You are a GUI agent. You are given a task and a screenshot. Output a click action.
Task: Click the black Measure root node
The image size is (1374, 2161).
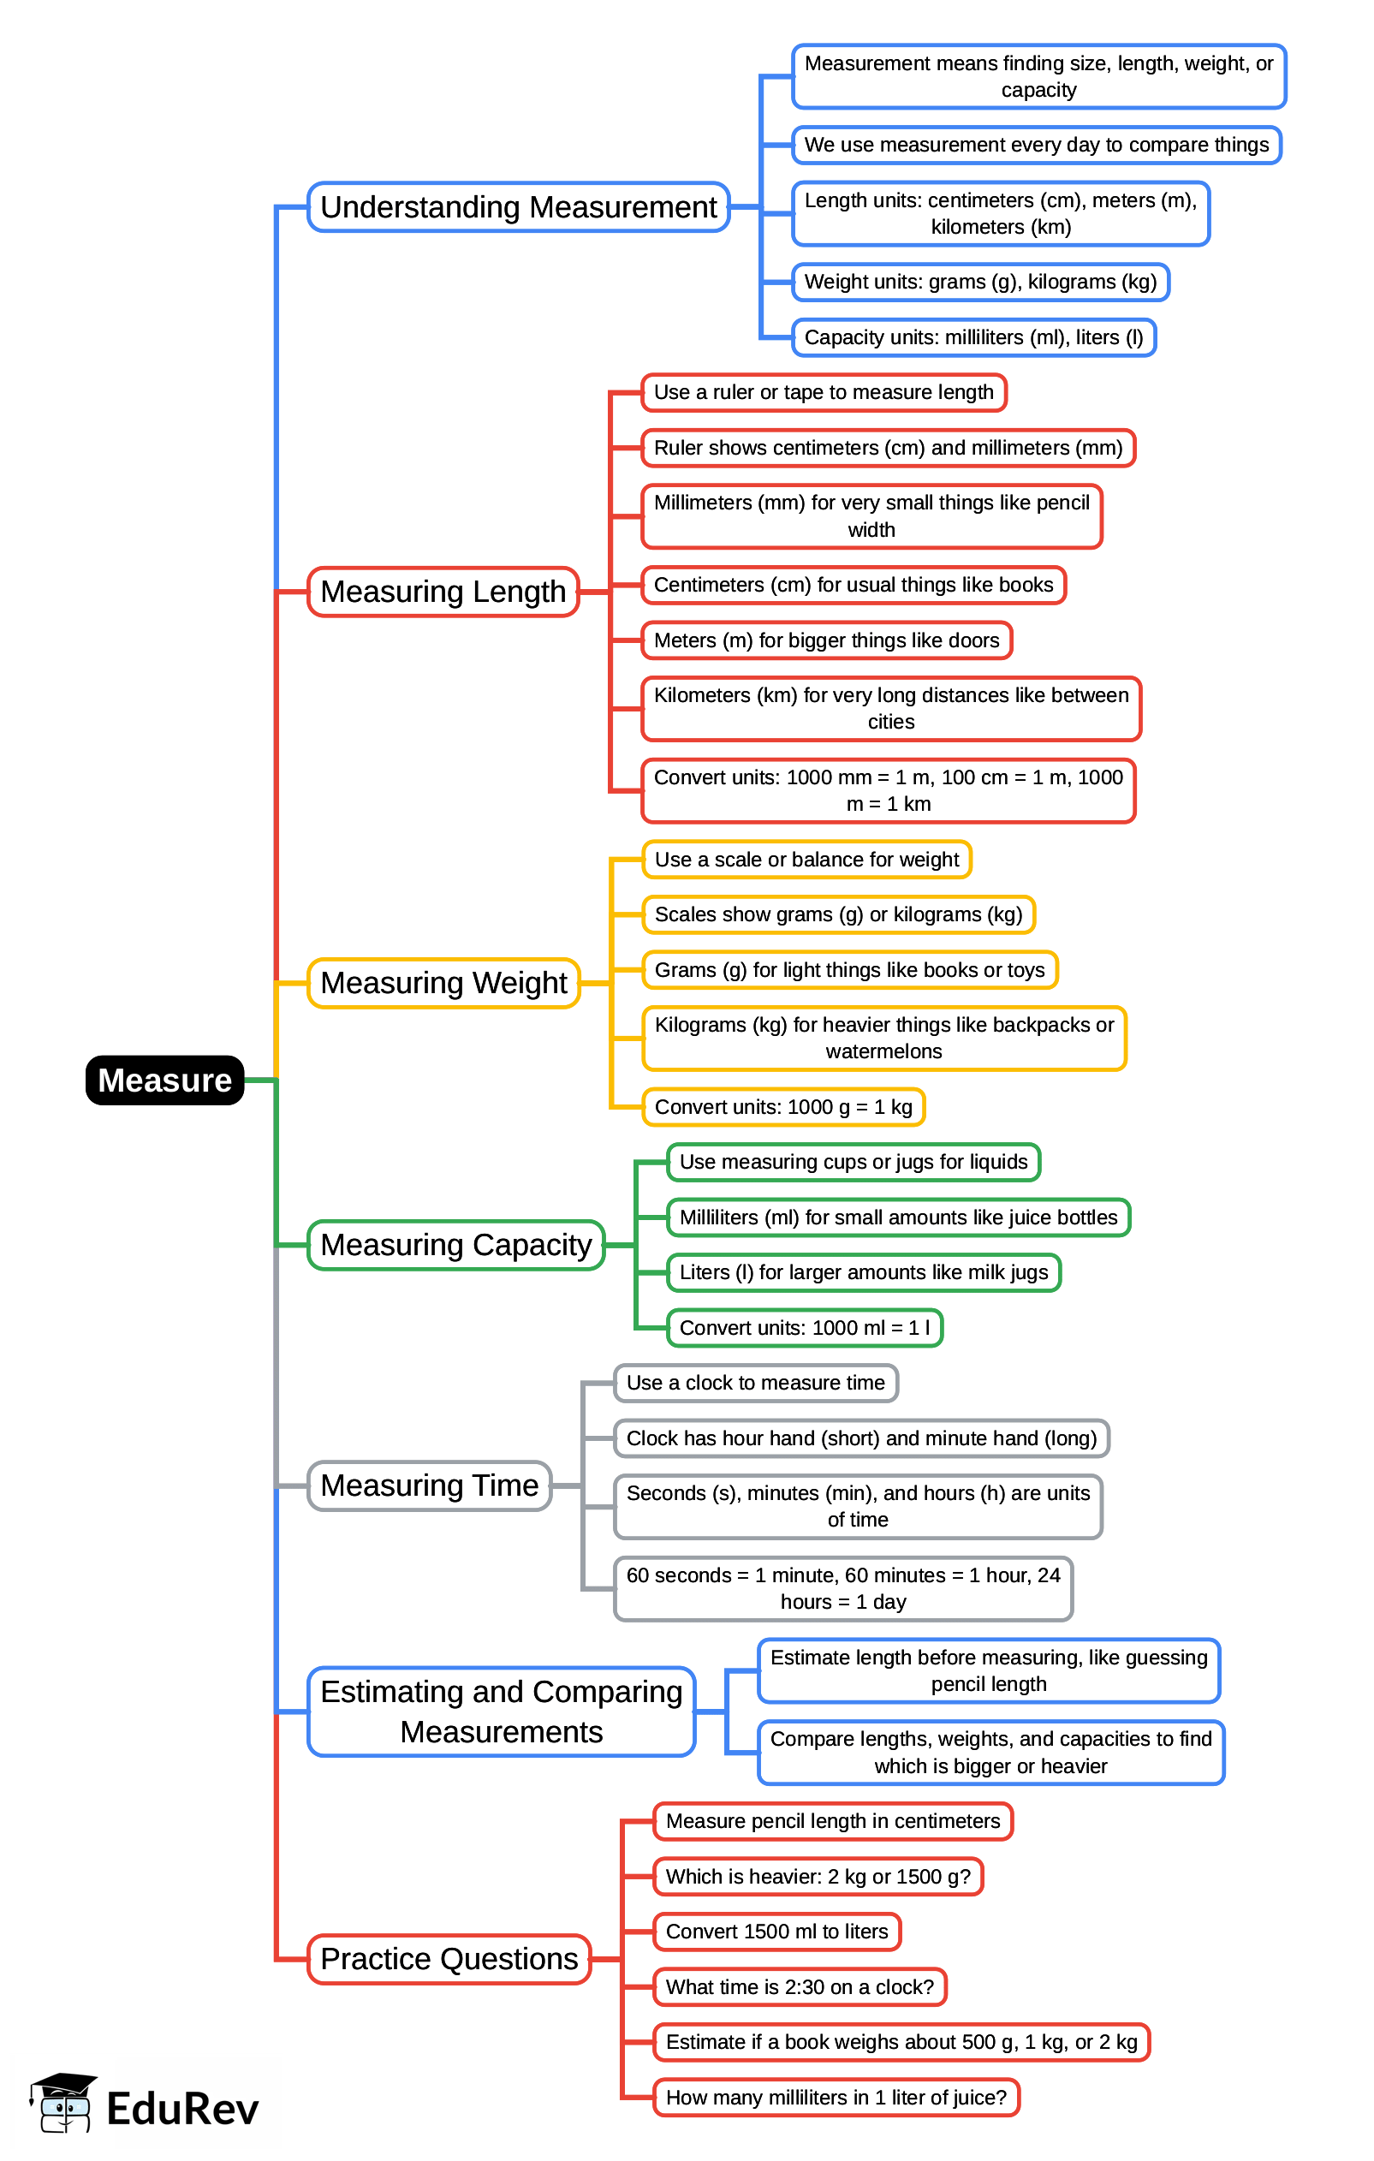click(x=164, y=1080)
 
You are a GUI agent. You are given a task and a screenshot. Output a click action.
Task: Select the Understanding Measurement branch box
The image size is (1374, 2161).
click(x=518, y=207)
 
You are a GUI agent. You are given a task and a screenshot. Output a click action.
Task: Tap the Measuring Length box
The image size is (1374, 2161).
click(x=443, y=592)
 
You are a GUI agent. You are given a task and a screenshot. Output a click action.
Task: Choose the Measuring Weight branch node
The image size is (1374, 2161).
click(x=443, y=983)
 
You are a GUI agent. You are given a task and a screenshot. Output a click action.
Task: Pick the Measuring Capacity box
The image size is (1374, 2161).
click(x=456, y=1245)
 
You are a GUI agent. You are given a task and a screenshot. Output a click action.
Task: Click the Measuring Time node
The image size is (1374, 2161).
click(x=429, y=1485)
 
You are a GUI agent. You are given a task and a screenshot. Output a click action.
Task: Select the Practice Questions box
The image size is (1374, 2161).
click(x=449, y=1958)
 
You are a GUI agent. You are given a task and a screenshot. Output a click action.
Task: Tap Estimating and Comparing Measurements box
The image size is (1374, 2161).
click(x=501, y=1712)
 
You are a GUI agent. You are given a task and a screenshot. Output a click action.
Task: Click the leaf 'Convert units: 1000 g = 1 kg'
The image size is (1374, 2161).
click(x=782, y=1106)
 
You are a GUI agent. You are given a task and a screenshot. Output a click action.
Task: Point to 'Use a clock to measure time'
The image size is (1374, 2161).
click(x=755, y=1383)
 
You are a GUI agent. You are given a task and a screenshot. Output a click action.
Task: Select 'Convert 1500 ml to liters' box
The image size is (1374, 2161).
click(x=776, y=1932)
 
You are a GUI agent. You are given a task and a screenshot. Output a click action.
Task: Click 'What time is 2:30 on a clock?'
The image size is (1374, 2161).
click(x=799, y=1987)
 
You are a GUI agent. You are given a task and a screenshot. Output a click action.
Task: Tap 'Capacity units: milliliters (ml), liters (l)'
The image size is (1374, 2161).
click(x=973, y=337)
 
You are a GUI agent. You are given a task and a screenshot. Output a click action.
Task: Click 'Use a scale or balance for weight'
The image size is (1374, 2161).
click(x=806, y=859)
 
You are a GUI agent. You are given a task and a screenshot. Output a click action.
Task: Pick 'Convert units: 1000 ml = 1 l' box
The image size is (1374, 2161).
click(x=804, y=1327)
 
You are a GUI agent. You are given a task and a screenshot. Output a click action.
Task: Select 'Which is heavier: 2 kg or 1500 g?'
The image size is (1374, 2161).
click(x=818, y=1877)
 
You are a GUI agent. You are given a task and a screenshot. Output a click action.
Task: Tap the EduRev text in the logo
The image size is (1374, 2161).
click(x=182, y=2109)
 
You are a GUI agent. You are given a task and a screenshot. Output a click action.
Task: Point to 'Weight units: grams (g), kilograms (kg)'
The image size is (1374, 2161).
click(x=980, y=282)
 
